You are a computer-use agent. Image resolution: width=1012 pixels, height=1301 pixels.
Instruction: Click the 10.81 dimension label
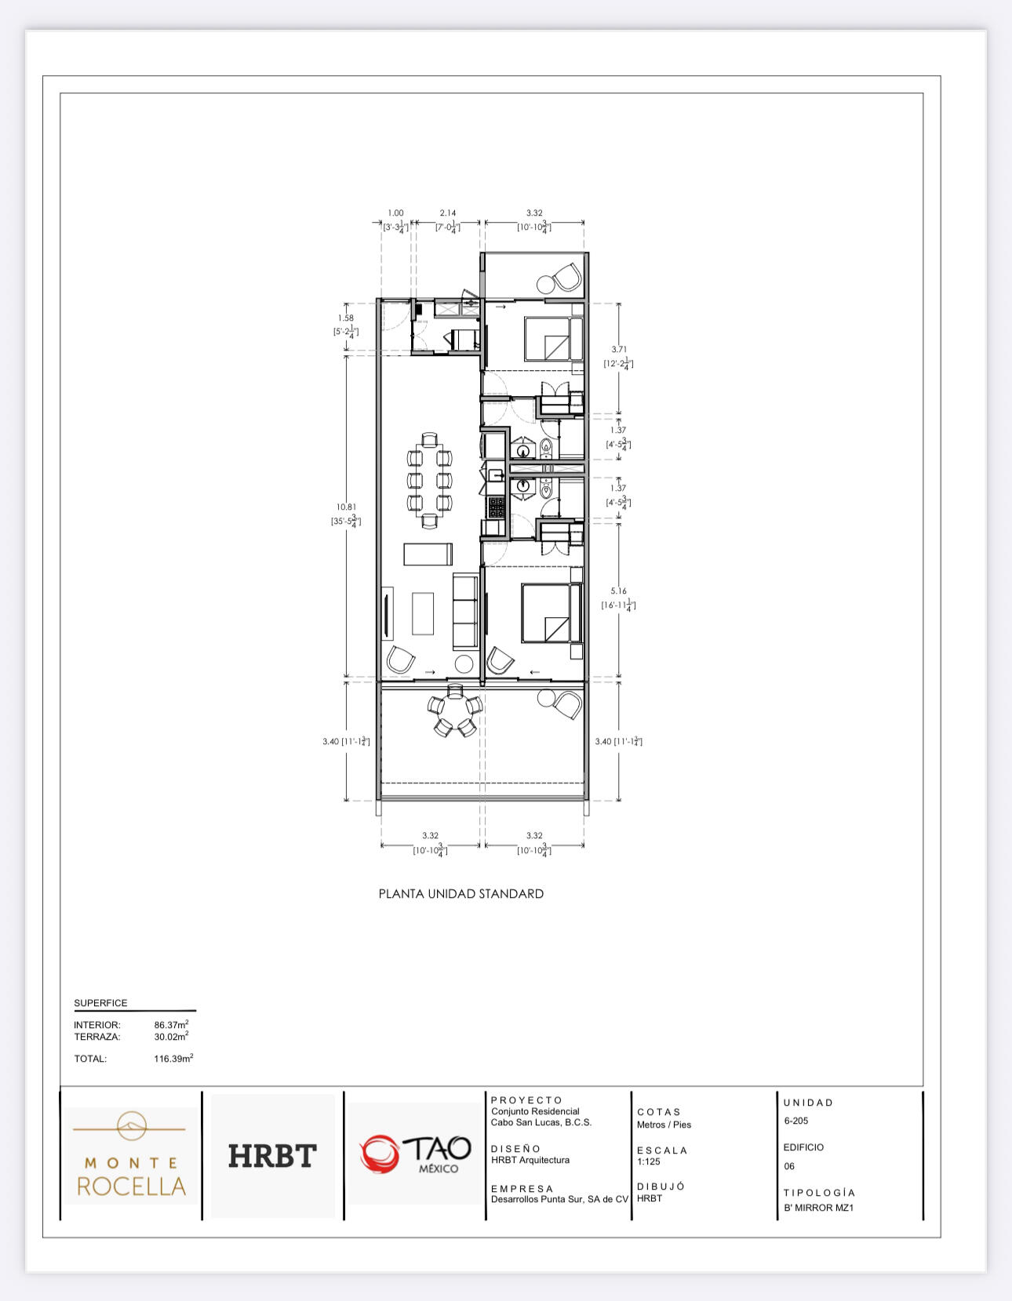click(x=346, y=507)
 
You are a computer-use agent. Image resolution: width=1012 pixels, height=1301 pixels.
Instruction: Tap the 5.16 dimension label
click(x=619, y=591)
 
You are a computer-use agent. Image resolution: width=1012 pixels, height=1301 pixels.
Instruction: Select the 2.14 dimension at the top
click(x=447, y=213)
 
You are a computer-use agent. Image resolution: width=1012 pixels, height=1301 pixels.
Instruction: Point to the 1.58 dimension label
click(x=345, y=318)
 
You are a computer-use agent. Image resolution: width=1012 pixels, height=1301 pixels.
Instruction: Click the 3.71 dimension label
click(x=619, y=350)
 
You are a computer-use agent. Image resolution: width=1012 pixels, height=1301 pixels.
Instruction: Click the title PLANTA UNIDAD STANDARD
click(x=461, y=893)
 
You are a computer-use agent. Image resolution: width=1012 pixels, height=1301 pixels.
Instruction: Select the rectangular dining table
click(x=430, y=478)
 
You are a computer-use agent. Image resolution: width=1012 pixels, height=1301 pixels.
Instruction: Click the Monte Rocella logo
click(x=131, y=1156)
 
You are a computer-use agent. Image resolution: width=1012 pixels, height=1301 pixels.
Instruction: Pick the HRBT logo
click(x=272, y=1156)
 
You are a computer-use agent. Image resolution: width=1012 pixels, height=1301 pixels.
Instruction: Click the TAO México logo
click(x=416, y=1154)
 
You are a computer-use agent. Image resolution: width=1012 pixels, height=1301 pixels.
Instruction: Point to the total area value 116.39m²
click(x=173, y=1059)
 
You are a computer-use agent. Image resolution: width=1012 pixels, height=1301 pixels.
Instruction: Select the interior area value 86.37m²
click(x=171, y=1025)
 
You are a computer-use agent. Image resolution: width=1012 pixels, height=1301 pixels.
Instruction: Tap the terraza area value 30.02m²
click(x=171, y=1037)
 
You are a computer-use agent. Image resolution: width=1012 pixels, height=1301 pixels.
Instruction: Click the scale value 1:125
click(x=649, y=1161)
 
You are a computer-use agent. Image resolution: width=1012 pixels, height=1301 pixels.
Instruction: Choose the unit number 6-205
click(x=796, y=1121)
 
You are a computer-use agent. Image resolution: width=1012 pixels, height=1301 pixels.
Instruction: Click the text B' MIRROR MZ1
click(x=818, y=1208)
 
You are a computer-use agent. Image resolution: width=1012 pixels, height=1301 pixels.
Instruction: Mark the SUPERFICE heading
click(x=100, y=1003)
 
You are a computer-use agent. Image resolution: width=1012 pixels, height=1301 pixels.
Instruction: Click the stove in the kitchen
click(x=496, y=507)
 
